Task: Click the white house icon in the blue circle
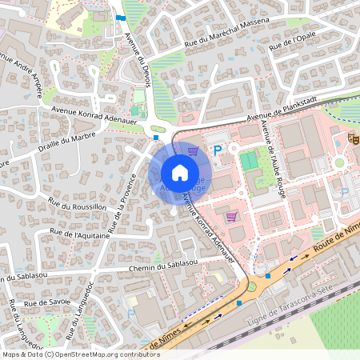point(180,173)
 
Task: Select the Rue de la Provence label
point(119,212)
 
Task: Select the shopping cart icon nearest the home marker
point(193,150)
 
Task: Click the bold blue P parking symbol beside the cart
point(217,150)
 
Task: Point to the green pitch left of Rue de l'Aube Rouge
point(250,161)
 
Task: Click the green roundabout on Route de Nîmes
point(251,286)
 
